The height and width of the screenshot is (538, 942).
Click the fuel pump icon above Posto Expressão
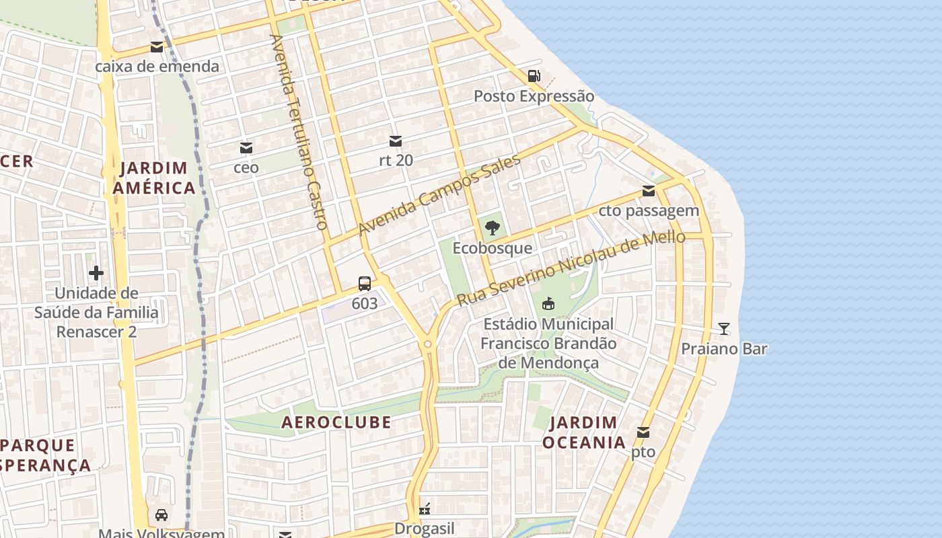point(534,76)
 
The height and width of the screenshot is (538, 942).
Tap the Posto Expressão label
point(534,96)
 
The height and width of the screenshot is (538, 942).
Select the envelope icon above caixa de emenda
point(157,47)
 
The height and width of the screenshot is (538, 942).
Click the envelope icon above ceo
point(246,147)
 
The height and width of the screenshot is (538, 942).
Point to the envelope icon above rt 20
point(396,141)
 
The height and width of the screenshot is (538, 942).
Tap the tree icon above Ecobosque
point(493,228)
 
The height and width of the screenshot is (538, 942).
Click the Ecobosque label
point(492,248)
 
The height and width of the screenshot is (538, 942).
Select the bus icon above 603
point(365,283)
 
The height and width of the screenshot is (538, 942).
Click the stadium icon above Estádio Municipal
point(548,304)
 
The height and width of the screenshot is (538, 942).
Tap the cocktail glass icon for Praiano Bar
point(724,329)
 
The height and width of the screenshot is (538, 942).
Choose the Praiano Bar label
point(724,349)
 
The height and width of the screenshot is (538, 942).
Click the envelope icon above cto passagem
point(649,191)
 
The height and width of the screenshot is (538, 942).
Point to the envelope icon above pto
point(643,432)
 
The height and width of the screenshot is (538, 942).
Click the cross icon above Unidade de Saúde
point(96,273)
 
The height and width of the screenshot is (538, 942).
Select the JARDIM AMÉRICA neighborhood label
point(154,178)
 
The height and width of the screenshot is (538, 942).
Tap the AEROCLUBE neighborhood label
point(336,422)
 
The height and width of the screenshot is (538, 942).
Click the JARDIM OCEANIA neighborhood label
point(583,432)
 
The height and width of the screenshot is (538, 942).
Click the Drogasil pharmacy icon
point(425,509)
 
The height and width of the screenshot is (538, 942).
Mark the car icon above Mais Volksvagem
point(161,515)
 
